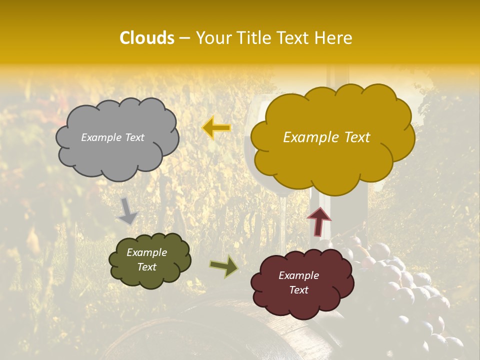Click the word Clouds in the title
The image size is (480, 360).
click(146, 38)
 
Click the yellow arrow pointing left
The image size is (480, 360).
click(216, 128)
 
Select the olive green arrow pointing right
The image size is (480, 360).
click(224, 266)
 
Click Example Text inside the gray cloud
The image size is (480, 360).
click(112, 137)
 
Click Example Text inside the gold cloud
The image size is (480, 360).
click(326, 137)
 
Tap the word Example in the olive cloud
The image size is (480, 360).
click(146, 252)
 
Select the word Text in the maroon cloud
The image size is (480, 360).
click(298, 290)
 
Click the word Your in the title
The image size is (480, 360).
click(210, 38)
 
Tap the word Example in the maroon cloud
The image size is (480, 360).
click(298, 275)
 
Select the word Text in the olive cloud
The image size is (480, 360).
click(146, 267)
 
